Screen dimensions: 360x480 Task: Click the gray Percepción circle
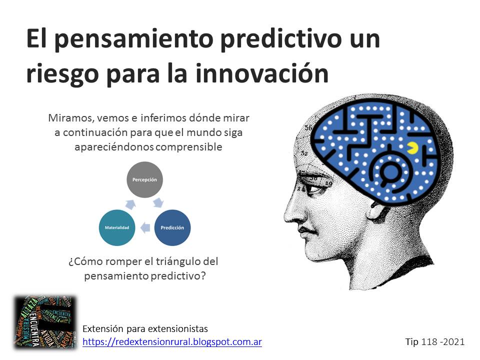pyautogui.click(x=144, y=179)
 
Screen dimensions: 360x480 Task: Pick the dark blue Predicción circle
pyautogui.click(x=172, y=227)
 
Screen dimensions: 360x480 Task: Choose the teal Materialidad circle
pyautogui.click(x=117, y=227)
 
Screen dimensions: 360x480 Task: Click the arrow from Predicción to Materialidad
pyautogui.click(x=145, y=228)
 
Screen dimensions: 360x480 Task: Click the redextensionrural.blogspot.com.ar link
pyautogui.click(x=172, y=341)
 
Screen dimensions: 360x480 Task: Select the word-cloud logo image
pyautogui.click(x=44, y=322)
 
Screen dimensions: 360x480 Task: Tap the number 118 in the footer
pyautogui.click(x=429, y=342)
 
